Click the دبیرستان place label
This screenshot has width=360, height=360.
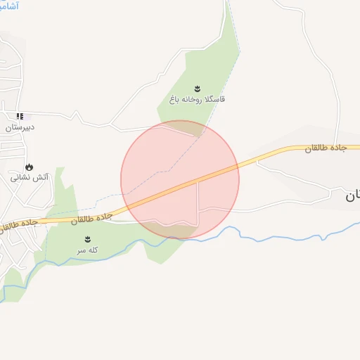pyautogui.click(x=20, y=128)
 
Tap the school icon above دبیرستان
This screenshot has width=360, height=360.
pyautogui.click(x=20, y=116)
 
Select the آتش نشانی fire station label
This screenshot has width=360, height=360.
pyautogui.click(x=29, y=178)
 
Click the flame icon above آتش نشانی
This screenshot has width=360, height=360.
pyautogui.click(x=29, y=167)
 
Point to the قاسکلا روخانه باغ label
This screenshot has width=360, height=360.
pyautogui.click(x=197, y=100)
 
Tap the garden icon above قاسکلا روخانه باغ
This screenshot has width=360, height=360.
pyautogui.click(x=197, y=89)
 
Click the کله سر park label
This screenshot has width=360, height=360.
pyautogui.click(x=87, y=250)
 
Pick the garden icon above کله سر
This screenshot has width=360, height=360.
pyautogui.click(x=87, y=239)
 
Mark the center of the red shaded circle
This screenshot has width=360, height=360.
pyautogui.click(x=180, y=179)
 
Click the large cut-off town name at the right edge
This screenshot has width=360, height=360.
pyautogui.click(x=352, y=196)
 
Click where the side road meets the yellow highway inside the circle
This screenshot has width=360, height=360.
pyautogui.click(x=198, y=181)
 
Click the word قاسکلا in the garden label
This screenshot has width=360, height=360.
pyautogui.click(x=214, y=100)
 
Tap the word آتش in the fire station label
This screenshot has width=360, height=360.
pyautogui.click(x=41, y=178)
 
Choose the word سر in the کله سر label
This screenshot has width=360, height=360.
pyautogui.click(x=82, y=250)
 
